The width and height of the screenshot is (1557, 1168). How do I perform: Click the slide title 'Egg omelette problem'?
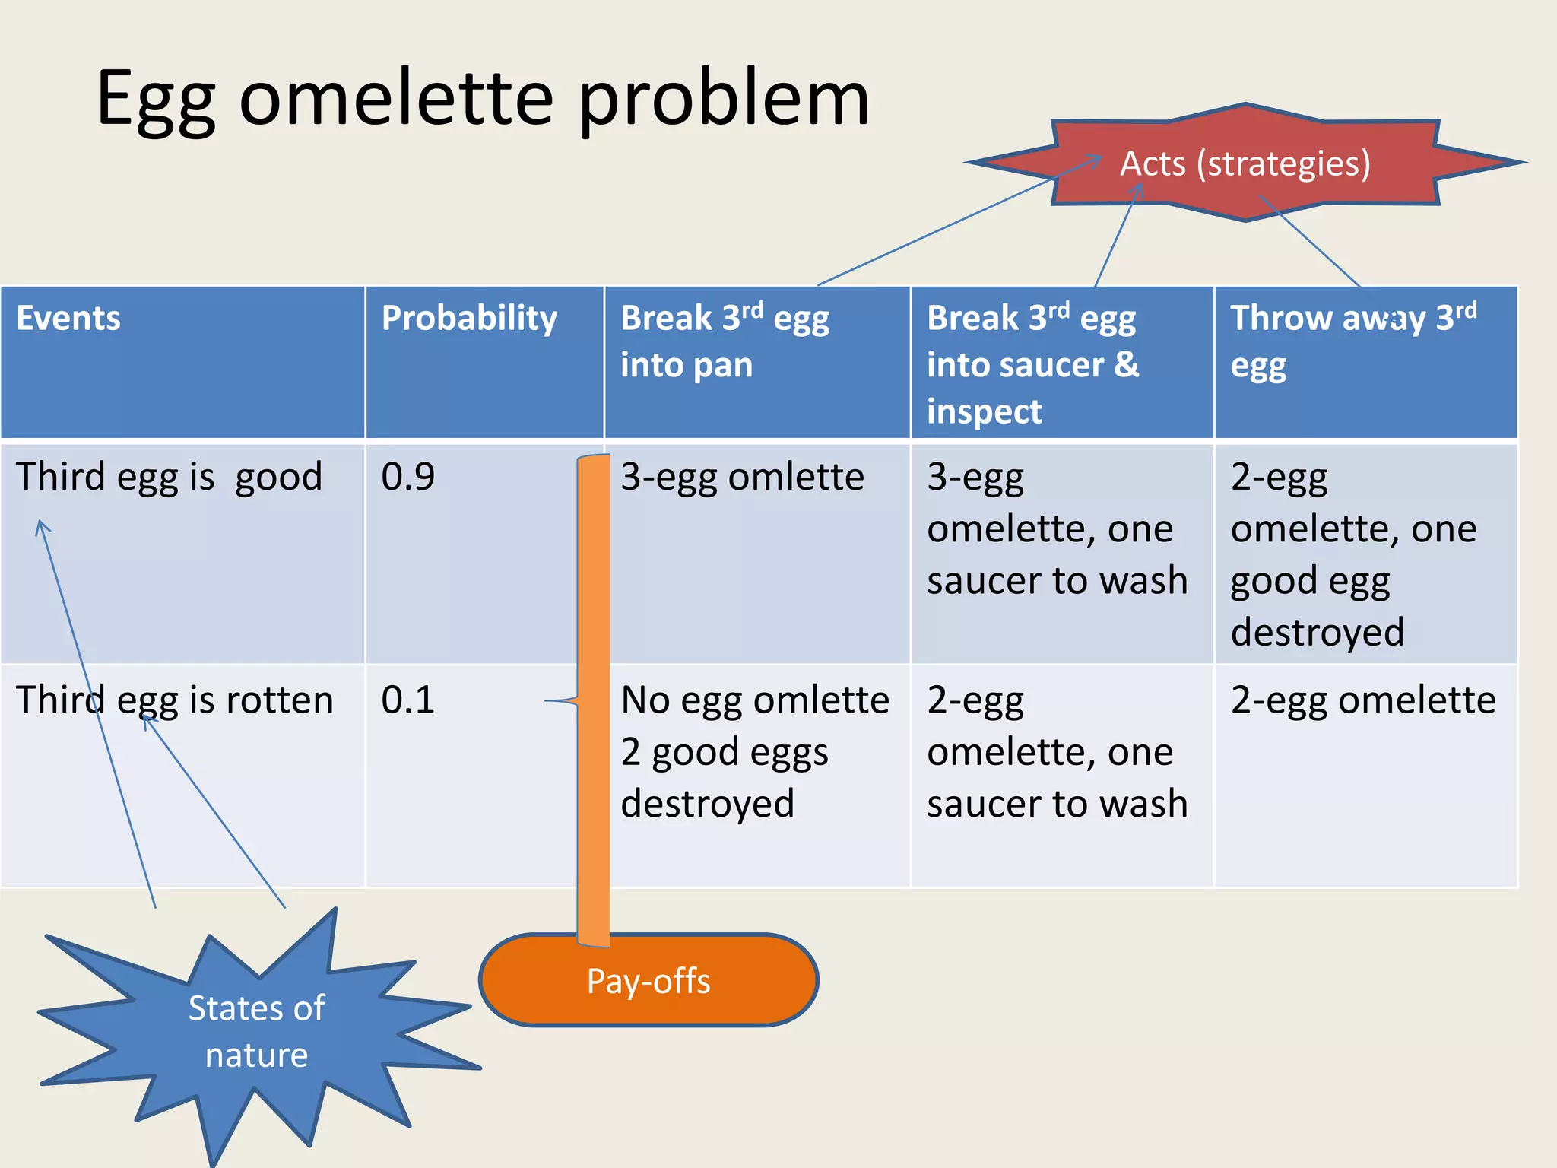coord(483,99)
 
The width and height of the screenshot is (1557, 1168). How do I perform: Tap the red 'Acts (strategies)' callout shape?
coord(1245,163)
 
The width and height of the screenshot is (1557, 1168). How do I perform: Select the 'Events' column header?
coord(68,318)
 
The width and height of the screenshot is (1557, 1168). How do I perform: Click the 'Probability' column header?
coord(469,318)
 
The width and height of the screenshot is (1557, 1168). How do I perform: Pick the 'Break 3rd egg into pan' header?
coord(725,341)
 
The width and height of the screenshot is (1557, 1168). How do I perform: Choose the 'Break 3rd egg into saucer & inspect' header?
coord(1032,363)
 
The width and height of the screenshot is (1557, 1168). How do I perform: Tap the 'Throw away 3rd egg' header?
coord(1353,340)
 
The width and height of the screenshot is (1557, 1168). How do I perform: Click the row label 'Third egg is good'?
coord(169,478)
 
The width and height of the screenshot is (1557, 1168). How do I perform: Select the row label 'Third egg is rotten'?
coord(175,700)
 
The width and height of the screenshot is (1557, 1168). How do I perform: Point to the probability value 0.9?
coord(408,478)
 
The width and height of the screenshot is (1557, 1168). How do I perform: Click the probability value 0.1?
coord(408,700)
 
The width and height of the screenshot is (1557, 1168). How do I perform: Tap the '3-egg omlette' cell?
coord(742,478)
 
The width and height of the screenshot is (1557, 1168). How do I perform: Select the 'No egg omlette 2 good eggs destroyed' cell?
coord(754,751)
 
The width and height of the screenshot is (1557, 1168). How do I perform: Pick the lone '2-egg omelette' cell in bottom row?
coord(1363,700)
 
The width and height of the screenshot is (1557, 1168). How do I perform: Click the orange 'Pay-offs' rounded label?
coord(648,981)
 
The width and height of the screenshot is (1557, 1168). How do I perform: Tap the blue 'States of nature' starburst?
coord(256,1031)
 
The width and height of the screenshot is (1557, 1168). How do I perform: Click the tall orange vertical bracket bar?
coord(593,700)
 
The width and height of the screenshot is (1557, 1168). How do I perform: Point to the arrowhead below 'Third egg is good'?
coord(41,525)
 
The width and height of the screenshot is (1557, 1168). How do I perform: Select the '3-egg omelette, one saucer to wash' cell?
coord(1057,528)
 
